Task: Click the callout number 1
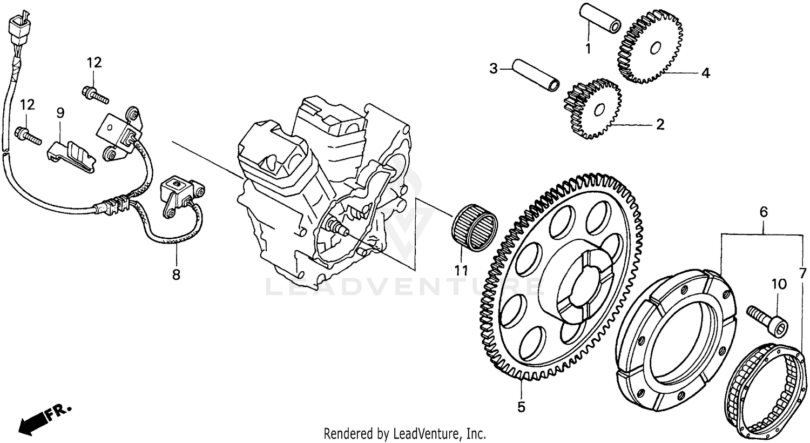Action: tap(588, 48)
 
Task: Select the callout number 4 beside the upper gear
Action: tap(705, 73)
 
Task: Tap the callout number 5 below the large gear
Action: tap(521, 407)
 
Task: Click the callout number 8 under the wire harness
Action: tap(176, 274)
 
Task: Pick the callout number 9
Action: tap(60, 112)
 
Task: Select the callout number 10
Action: tap(779, 284)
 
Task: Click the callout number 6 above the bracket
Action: tap(763, 212)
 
